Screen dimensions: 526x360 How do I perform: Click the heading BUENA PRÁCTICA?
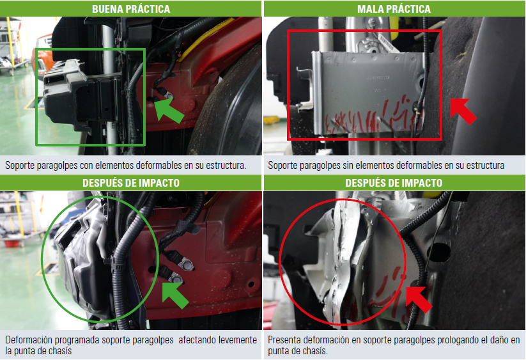pos(131,9)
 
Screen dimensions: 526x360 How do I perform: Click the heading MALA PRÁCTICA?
pos(394,9)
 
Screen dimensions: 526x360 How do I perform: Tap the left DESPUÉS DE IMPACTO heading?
pos(131,183)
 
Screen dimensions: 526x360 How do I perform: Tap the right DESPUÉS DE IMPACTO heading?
pos(394,183)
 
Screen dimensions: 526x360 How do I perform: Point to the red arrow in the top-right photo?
pos(463,111)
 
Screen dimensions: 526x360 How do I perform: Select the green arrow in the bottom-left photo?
pos(174,295)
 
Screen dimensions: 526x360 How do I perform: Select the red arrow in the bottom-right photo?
pos(419,299)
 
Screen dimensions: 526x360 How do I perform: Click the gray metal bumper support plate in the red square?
pos(366,94)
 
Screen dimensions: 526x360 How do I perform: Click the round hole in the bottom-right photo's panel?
pos(439,253)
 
